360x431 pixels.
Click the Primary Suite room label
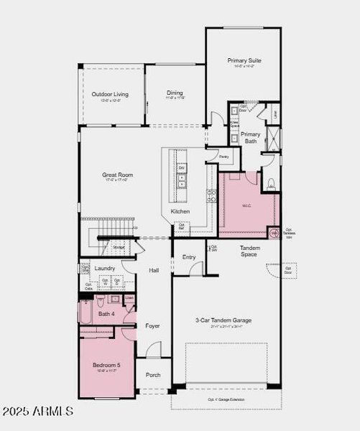pos(244,61)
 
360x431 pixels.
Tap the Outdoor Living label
pos(110,94)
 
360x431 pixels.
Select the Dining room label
pos(175,93)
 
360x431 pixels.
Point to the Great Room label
pos(117,174)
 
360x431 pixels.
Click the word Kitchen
pos(180,211)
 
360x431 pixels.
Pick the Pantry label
pos(223,156)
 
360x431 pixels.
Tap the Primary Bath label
pos(250,138)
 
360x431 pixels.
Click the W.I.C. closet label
pos(246,206)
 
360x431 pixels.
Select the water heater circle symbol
pos(274,233)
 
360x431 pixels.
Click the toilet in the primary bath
pos(272,185)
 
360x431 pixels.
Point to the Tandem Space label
pos(249,251)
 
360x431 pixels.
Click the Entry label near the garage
pos(189,256)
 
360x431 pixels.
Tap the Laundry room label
pos(105,269)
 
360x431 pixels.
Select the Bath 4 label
pos(106,313)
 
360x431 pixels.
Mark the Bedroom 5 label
pos(106,366)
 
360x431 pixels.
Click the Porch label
pos(153,374)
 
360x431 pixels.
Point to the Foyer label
pos(152,325)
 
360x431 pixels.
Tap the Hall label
pos(154,270)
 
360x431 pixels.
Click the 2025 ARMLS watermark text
pos(37,412)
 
